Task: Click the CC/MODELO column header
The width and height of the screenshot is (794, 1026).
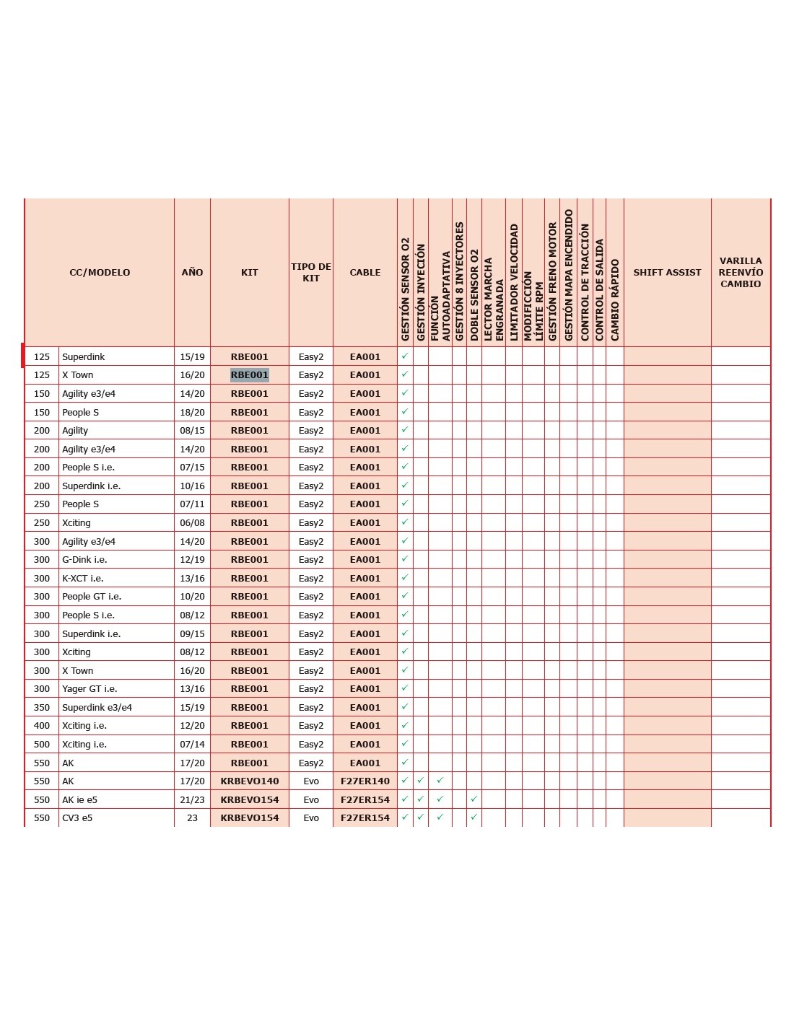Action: [x=100, y=272]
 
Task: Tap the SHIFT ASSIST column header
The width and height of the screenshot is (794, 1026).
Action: [x=667, y=272]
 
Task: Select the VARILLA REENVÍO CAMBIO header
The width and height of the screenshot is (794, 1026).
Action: [x=741, y=272]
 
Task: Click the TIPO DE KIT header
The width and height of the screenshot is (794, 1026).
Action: [x=311, y=272]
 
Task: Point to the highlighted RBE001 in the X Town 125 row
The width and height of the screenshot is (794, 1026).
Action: [x=250, y=375]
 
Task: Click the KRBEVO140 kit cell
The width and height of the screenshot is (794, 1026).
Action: [x=250, y=781]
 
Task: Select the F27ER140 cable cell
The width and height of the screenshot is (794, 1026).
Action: [x=365, y=781]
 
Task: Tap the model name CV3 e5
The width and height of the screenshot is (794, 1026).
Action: [x=77, y=818]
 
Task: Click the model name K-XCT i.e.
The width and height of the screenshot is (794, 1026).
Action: [x=83, y=579]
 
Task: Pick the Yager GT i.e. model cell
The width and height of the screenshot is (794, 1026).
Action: [x=90, y=689]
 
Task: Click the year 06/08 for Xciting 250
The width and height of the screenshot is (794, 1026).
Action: [x=192, y=523]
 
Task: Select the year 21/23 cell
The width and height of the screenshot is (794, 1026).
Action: [x=192, y=800]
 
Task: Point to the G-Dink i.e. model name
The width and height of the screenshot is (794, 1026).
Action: [x=84, y=560]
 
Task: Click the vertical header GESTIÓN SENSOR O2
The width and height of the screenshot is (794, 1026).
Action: [x=405, y=289]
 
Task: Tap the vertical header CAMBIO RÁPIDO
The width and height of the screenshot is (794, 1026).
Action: [x=615, y=299]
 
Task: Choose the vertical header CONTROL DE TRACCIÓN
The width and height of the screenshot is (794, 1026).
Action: [x=585, y=281]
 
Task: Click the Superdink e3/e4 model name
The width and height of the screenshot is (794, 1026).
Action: [x=97, y=708]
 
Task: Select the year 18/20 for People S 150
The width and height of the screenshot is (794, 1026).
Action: [x=192, y=413]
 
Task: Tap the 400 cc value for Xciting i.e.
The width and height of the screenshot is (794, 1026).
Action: [x=42, y=726]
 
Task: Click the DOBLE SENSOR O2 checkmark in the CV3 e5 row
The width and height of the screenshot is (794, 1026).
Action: [x=474, y=817]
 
